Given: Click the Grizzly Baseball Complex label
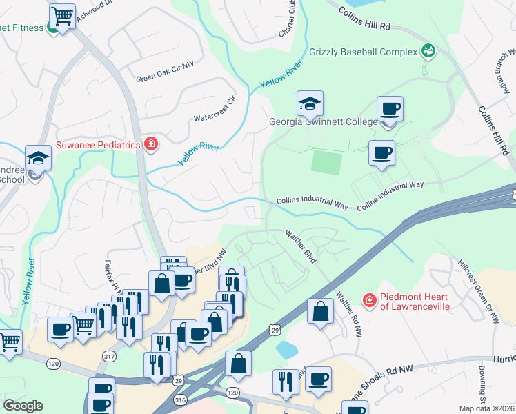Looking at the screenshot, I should (x=364, y=52).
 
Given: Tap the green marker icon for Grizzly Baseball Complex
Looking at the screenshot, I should (x=428, y=50).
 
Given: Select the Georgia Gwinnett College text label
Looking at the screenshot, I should (x=323, y=122).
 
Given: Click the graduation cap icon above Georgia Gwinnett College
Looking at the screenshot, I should (x=310, y=103).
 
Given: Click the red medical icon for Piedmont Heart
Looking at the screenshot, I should (x=369, y=300).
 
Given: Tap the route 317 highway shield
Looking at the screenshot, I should (x=108, y=357).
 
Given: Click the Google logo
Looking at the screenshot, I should (x=23, y=406).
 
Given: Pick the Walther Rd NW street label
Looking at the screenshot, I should (x=348, y=315).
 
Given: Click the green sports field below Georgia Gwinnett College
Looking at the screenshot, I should (x=326, y=163).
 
